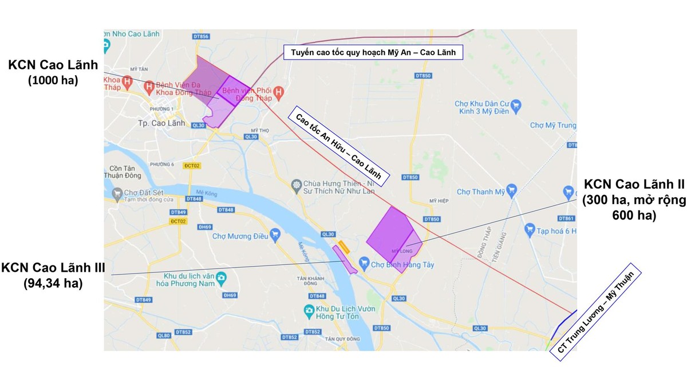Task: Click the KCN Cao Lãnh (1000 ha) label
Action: (53, 72)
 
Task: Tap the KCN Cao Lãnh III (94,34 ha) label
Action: (53, 275)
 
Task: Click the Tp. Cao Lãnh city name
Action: (156, 123)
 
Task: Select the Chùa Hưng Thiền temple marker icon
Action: (296, 185)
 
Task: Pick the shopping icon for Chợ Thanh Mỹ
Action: (512, 192)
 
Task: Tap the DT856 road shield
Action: (202, 37)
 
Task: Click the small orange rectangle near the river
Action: (344, 247)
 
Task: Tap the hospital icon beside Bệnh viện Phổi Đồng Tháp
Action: (278, 92)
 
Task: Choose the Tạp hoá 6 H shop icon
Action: (530, 230)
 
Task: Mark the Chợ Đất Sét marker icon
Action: (117, 195)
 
